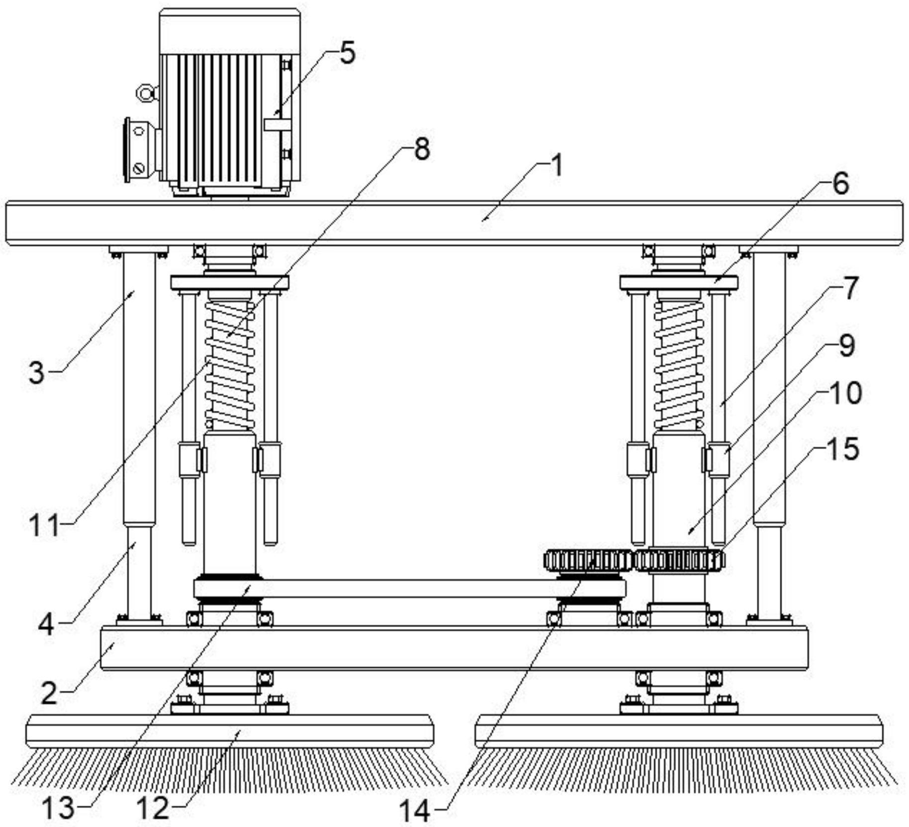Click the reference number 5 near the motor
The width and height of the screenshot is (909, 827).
pyautogui.click(x=348, y=53)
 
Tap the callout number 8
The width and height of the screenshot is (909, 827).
pyautogui.click(x=421, y=149)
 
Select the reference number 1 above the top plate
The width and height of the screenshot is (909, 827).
pyautogui.click(x=557, y=166)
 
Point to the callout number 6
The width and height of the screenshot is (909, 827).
pyautogui.click(x=840, y=184)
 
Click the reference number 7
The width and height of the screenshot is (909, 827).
pyautogui.click(x=850, y=288)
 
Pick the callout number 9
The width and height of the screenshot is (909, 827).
pyautogui.click(x=846, y=345)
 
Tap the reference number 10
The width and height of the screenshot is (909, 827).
pyautogui.click(x=845, y=393)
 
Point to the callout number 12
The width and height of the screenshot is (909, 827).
pyautogui.click(x=153, y=808)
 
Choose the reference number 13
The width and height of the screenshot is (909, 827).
pyautogui.click(x=58, y=808)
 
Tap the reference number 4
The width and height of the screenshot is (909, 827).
pyautogui.click(x=46, y=625)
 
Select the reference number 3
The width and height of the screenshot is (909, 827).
pyautogui.click(x=36, y=372)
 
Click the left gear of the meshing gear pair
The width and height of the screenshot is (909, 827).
pyautogui.click(x=588, y=561)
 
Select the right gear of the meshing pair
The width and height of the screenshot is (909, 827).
pyautogui.click(x=679, y=561)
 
